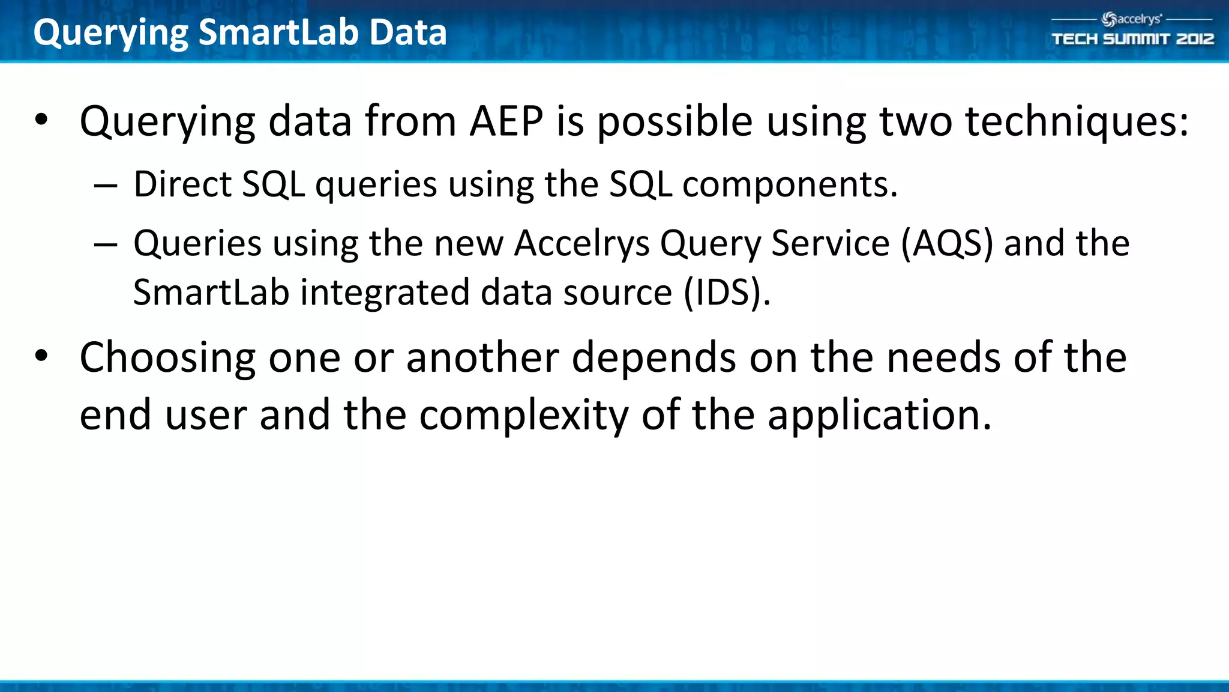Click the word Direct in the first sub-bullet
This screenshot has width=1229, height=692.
click(182, 184)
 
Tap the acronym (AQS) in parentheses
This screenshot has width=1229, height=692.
click(947, 244)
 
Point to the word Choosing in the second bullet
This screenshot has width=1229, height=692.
click(167, 359)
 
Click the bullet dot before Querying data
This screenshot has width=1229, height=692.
click(41, 120)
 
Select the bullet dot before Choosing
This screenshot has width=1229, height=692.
click(41, 356)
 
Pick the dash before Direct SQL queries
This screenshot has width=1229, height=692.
click(106, 186)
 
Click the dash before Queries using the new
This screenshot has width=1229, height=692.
click(106, 245)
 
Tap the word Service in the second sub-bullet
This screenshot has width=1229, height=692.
click(830, 244)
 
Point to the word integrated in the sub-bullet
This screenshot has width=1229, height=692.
click(384, 293)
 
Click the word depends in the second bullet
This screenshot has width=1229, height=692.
click(654, 359)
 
